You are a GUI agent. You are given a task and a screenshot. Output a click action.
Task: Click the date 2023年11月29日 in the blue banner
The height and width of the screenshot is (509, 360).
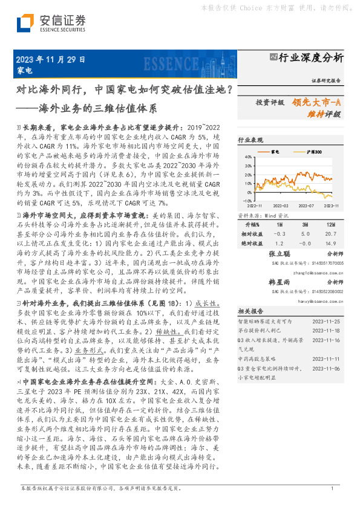point(50,60)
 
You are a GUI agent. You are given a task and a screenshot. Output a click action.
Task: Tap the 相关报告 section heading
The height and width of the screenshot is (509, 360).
point(249,311)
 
